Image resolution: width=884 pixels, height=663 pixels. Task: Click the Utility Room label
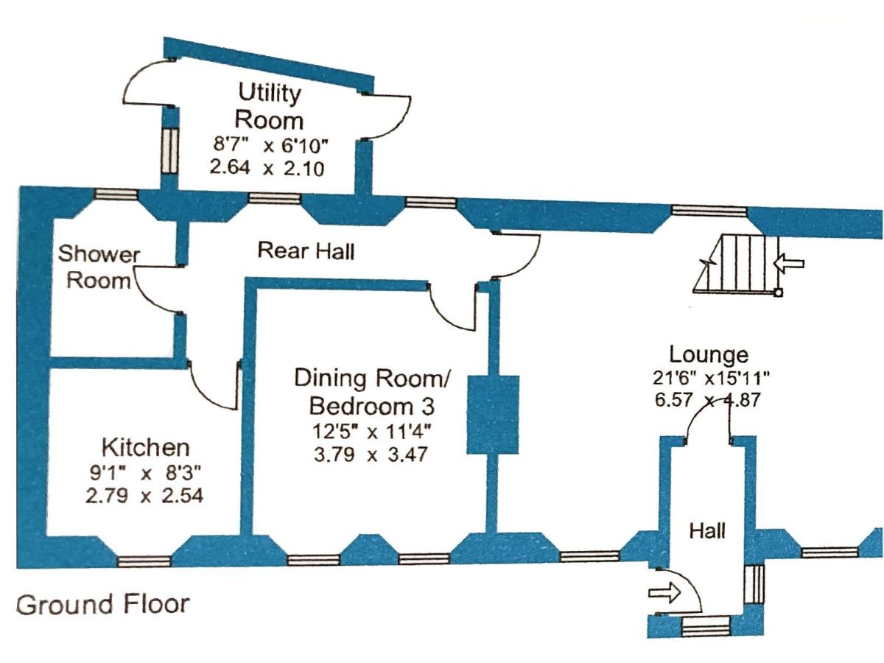270,107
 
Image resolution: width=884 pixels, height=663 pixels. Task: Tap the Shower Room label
99,267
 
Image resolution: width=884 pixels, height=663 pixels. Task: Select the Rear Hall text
306,251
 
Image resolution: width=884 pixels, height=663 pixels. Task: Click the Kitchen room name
145,446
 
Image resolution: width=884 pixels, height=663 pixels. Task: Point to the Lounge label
709,354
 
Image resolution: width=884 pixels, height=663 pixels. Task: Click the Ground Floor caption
102,605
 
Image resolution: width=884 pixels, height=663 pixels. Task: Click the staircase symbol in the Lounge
737,263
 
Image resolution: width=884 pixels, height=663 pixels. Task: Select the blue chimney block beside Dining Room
494,413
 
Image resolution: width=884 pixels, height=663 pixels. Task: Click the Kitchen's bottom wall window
144,561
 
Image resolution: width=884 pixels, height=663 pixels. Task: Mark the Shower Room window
116,194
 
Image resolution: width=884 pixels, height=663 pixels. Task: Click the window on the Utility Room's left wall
169,151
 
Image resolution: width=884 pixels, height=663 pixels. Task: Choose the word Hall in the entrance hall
707,530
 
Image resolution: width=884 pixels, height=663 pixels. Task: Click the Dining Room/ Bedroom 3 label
371,392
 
